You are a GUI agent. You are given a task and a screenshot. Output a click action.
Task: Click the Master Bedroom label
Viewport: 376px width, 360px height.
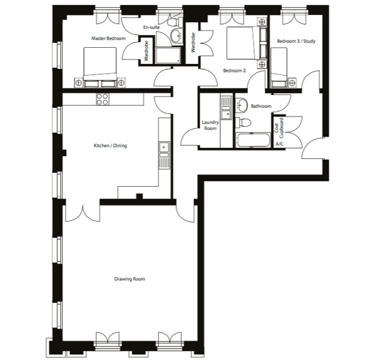(109, 38)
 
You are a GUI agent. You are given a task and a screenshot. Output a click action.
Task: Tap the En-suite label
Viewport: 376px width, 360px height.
(151, 27)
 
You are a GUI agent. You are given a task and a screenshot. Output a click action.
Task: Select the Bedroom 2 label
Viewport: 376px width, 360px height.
(234, 71)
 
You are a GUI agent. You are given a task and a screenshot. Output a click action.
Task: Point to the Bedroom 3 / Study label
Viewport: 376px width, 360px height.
(296, 41)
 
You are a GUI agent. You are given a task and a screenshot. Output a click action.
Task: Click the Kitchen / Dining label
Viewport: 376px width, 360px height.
(110, 145)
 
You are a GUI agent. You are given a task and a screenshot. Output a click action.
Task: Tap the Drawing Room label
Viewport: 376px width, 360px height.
(129, 279)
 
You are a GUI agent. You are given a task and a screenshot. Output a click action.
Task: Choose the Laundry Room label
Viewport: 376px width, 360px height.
(211, 125)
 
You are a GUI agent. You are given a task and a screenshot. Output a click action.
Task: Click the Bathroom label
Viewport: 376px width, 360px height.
(261, 106)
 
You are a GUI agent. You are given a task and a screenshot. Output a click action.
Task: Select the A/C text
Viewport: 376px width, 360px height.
(279, 144)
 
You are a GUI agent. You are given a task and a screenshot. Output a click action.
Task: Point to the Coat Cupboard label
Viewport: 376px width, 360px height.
(279, 128)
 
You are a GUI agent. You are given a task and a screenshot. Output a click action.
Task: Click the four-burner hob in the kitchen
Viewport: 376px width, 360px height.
(103, 99)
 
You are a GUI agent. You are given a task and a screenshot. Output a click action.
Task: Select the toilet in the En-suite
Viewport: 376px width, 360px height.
(175, 23)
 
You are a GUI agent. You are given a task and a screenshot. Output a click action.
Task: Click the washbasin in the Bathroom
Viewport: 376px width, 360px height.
(242, 105)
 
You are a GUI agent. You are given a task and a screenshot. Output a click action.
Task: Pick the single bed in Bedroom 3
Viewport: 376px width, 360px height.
(279, 68)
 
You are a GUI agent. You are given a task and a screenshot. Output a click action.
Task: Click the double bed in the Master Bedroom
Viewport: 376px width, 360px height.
(100, 67)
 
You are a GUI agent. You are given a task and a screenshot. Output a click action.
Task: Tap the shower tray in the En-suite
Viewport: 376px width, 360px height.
(168, 55)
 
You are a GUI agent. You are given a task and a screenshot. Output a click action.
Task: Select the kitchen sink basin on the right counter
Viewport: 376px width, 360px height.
(164, 148)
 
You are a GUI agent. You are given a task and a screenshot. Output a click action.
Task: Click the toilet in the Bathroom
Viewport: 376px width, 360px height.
(243, 123)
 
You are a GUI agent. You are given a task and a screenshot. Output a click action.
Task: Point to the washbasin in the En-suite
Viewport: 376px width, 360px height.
(177, 36)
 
